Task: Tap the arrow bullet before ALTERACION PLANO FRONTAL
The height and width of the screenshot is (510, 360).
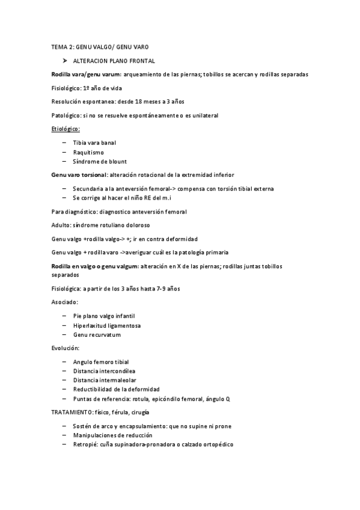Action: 64,61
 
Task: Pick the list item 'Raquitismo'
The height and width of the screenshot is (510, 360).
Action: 87,152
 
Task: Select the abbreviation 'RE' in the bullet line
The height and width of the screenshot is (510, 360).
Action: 148,197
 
